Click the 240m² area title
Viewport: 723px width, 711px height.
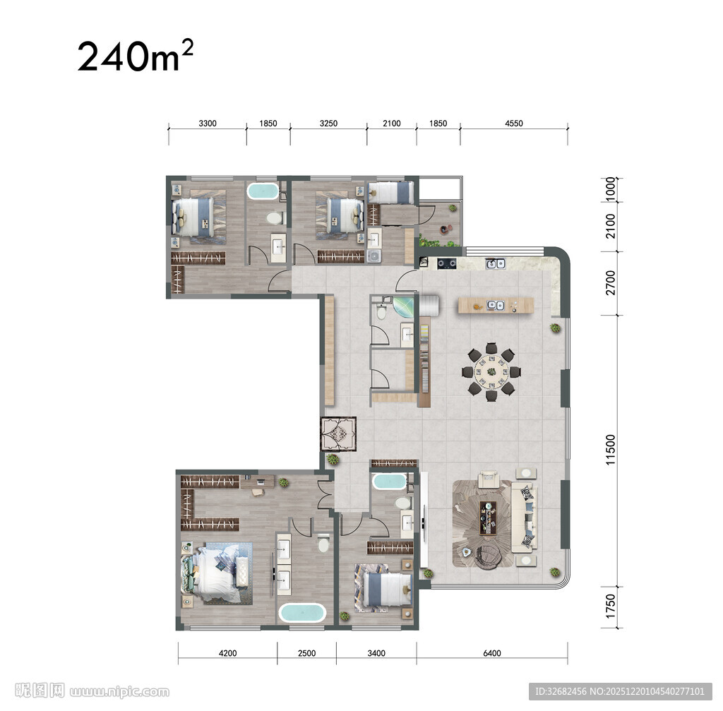(135, 56)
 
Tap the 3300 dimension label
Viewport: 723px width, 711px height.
(208, 123)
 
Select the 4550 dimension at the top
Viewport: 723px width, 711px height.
(514, 123)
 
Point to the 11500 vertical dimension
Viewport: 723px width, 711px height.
(611, 450)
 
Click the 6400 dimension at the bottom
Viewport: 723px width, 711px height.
(492, 653)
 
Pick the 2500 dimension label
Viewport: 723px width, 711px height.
(306, 653)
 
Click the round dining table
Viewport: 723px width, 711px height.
(491, 371)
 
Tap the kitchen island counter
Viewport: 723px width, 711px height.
(496, 306)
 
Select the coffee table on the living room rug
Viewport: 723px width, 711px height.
(488, 518)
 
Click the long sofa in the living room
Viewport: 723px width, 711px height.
(525, 518)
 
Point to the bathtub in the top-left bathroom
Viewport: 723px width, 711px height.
(263, 191)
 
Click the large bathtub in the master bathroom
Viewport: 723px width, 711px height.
(302, 613)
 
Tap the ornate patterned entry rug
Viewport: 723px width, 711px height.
(339, 434)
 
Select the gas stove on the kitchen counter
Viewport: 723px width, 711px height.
(446, 264)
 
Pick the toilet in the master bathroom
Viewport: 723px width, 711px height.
(323, 543)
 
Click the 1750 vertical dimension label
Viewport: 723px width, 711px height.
(611, 607)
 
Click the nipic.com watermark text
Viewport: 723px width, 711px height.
(119, 692)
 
